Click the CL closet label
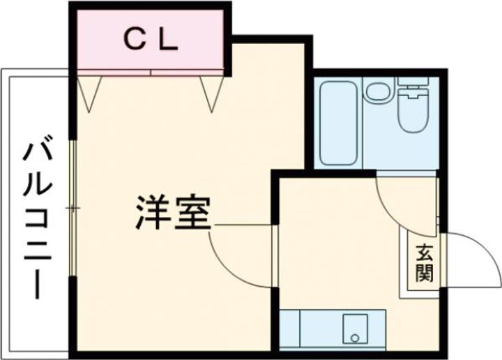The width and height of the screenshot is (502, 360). pos(151,40)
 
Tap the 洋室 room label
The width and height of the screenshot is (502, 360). pos(172,213)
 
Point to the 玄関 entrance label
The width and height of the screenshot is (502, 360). pos(424,262)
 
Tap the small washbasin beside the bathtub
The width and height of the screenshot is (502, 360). pos(378,91)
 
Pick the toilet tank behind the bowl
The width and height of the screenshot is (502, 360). pos(413,87)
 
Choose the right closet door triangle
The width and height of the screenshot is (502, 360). pos(211,91)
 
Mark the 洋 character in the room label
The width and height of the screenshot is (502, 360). pos(153,213)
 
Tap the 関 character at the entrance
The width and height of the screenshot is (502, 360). pos(424,271)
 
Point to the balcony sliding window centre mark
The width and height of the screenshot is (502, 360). pos(72,208)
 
